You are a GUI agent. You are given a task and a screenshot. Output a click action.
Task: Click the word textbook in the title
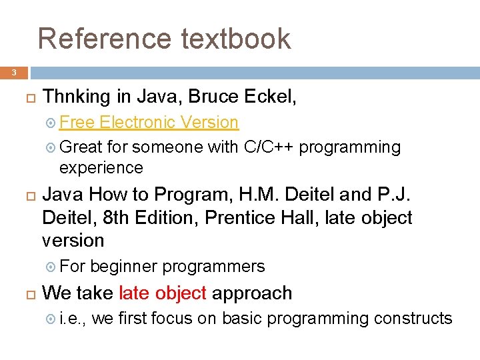tap(235, 39)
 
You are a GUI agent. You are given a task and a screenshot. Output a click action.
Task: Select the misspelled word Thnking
tap(77, 97)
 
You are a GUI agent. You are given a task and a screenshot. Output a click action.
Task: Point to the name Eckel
tap(271, 97)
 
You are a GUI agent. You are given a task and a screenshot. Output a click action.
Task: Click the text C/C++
tap(269, 147)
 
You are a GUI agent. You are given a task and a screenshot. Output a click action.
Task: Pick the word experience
tap(101, 167)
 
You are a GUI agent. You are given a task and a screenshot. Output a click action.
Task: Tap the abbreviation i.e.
tap(72, 319)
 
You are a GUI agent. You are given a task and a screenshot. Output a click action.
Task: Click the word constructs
tap(413, 319)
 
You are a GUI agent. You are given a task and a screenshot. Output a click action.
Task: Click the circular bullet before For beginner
tap(51, 267)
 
